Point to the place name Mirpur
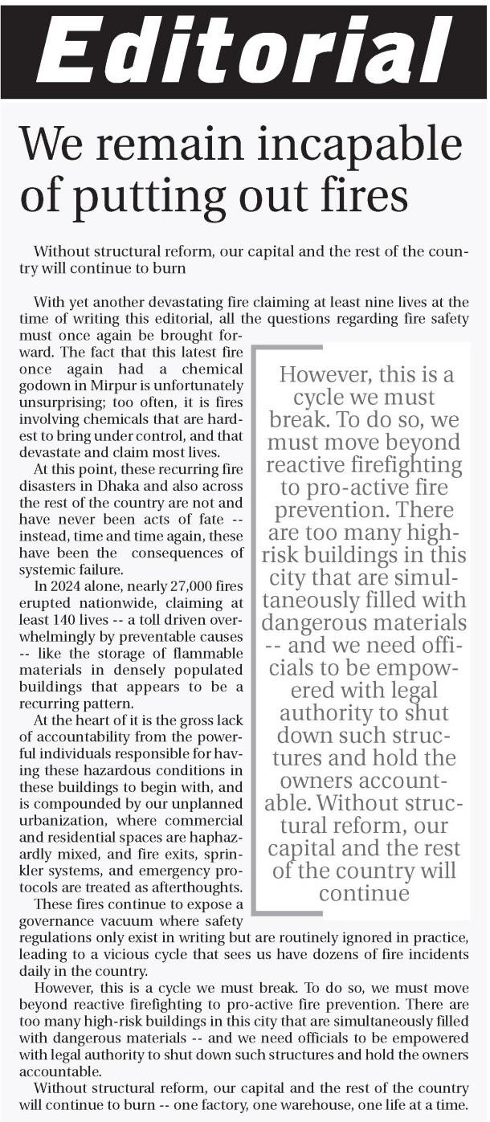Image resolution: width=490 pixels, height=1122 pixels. coord(104,384)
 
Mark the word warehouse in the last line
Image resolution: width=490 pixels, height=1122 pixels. coord(316,1104)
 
